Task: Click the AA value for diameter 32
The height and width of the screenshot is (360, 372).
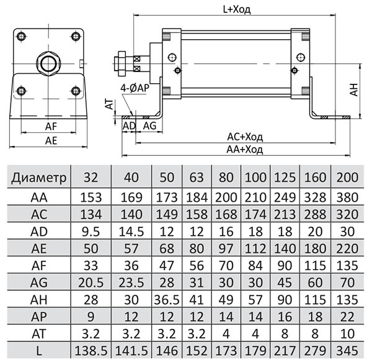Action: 91,197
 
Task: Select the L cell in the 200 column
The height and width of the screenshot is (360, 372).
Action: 347,351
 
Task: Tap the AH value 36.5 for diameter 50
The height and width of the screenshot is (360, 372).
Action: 167,300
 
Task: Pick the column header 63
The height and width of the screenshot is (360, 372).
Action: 197,178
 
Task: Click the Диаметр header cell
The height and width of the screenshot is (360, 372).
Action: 38,178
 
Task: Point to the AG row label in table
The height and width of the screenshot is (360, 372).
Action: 39,282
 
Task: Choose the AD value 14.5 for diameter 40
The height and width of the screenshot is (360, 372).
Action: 131,232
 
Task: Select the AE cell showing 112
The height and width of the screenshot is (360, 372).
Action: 255,249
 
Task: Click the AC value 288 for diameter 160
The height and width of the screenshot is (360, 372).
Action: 315,214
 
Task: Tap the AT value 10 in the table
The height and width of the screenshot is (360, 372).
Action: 347,334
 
